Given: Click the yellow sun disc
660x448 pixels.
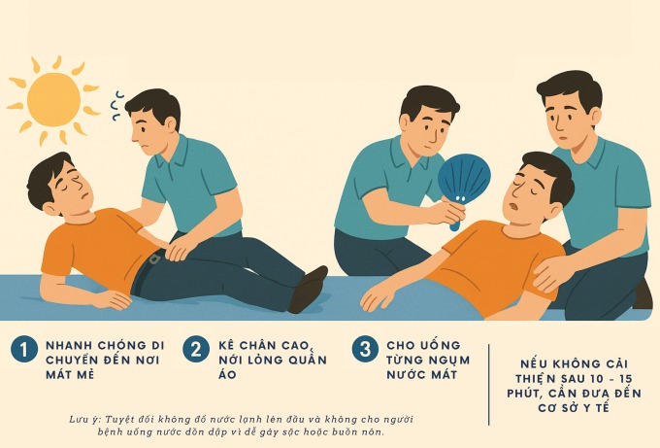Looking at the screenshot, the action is pyautogui.click(x=53, y=99).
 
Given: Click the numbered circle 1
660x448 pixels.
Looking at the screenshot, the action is pyautogui.click(x=24, y=349).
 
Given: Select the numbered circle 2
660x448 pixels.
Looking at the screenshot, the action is pyautogui.click(x=196, y=349).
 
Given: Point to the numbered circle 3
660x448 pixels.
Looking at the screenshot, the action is pyautogui.click(x=365, y=349).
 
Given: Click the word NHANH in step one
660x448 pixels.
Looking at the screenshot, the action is pyautogui.click(x=67, y=346).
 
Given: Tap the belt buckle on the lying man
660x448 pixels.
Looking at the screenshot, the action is pyautogui.click(x=155, y=258).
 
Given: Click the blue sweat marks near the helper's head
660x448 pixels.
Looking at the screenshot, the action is pyautogui.click(x=115, y=105).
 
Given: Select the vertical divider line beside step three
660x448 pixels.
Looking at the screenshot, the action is pyautogui.click(x=488, y=385).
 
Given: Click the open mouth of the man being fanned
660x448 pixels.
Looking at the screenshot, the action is pyautogui.click(x=513, y=207).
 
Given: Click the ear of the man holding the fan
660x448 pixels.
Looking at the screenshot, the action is pyautogui.click(x=405, y=122).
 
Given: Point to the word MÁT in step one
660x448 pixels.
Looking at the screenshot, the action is pyautogui.click(x=59, y=374).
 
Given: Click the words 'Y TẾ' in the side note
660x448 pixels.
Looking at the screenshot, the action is pyautogui.click(x=593, y=407).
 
